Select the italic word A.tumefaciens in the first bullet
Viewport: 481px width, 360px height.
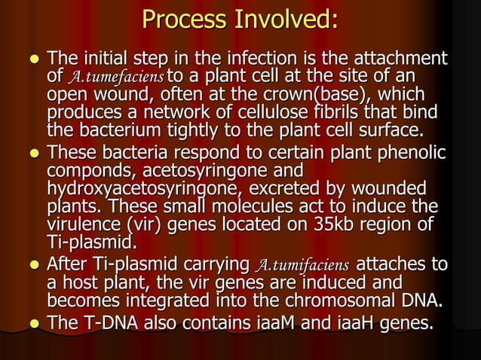tap(116, 77)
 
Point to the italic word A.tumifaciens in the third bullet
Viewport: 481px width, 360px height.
tap(303, 265)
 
